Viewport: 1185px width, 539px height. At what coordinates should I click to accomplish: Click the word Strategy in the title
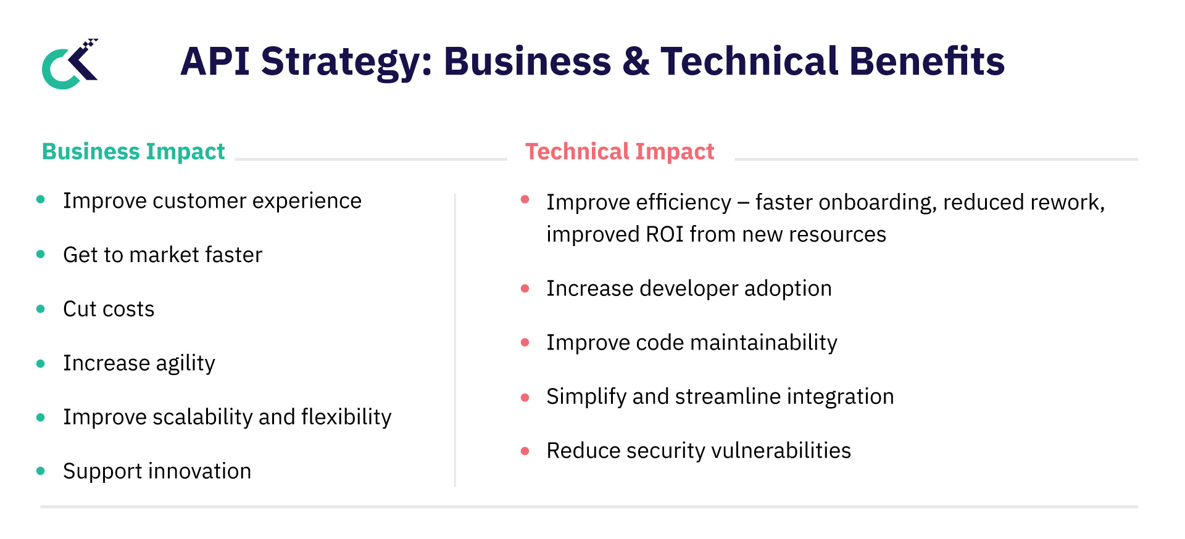pos(343,63)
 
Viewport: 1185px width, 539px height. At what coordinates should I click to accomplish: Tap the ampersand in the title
pos(635,62)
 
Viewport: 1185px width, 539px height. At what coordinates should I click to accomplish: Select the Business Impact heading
pos(133,152)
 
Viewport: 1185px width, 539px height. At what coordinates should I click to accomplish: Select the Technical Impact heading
pos(619,152)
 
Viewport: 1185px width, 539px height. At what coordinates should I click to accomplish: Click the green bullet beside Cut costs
pos(41,309)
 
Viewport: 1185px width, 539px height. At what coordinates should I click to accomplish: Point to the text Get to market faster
pos(162,255)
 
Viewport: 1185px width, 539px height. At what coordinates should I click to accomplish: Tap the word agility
pos(185,364)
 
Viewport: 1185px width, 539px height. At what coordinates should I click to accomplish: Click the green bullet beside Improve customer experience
pos(41,199)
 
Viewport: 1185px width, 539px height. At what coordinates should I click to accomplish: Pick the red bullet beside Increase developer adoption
pos(525,289)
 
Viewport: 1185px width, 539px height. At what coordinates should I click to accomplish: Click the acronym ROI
pos(664,235)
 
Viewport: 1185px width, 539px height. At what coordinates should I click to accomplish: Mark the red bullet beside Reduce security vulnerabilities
pos(525,451)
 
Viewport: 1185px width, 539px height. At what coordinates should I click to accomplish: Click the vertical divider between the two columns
pos(455,339)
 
